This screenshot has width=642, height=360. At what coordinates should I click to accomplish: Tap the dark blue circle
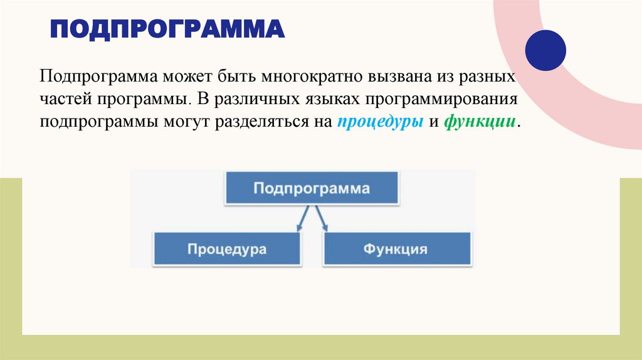tap(545, 50)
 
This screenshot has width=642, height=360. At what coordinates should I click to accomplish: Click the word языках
tap(329, 100)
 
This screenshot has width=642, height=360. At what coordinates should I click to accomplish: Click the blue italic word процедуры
tap(380, 122)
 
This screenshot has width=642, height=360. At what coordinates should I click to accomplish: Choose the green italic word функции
tap(480, 122)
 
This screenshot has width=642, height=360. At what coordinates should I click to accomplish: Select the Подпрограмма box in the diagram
tap(312, 188)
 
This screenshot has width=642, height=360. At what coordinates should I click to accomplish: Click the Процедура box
tap(226, 249)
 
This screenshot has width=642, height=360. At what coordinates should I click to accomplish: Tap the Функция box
tap(396, 249)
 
